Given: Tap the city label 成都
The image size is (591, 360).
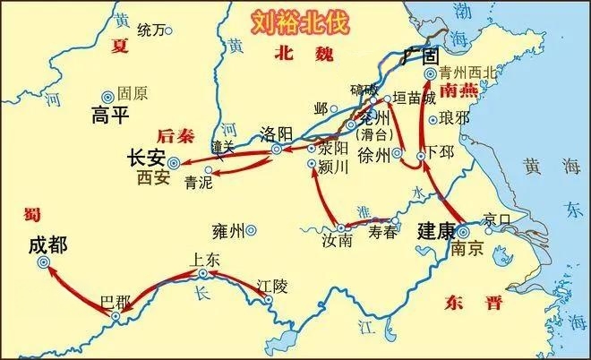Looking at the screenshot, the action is (x=47, y=244).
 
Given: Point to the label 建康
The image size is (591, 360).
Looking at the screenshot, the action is (x=436, y=229).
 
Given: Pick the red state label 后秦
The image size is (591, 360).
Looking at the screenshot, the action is (x=175, y=136).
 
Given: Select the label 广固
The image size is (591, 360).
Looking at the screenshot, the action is (x=417, y=56).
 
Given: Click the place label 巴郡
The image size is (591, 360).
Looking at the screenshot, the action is (x=115, y=300).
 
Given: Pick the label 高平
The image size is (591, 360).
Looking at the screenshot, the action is (x=111, y=115).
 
